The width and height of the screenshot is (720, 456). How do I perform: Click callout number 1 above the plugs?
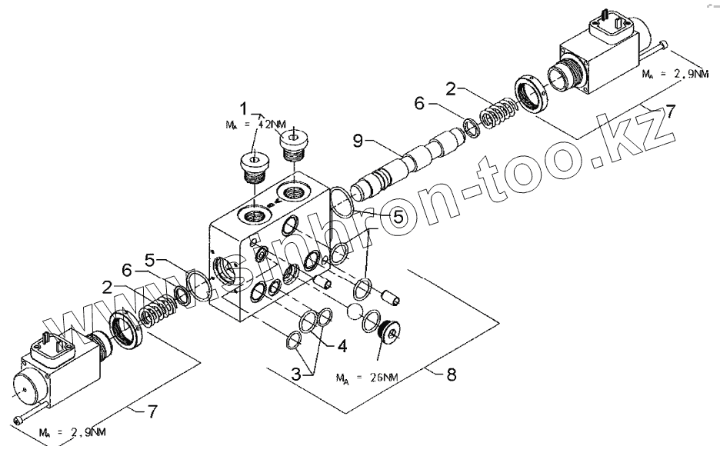[x=244, y=107]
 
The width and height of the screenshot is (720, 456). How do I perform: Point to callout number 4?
[x=341, y=345]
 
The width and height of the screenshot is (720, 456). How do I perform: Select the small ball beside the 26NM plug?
[x=353, y=311]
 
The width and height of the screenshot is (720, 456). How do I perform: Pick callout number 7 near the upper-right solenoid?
[x=671, y=112]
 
